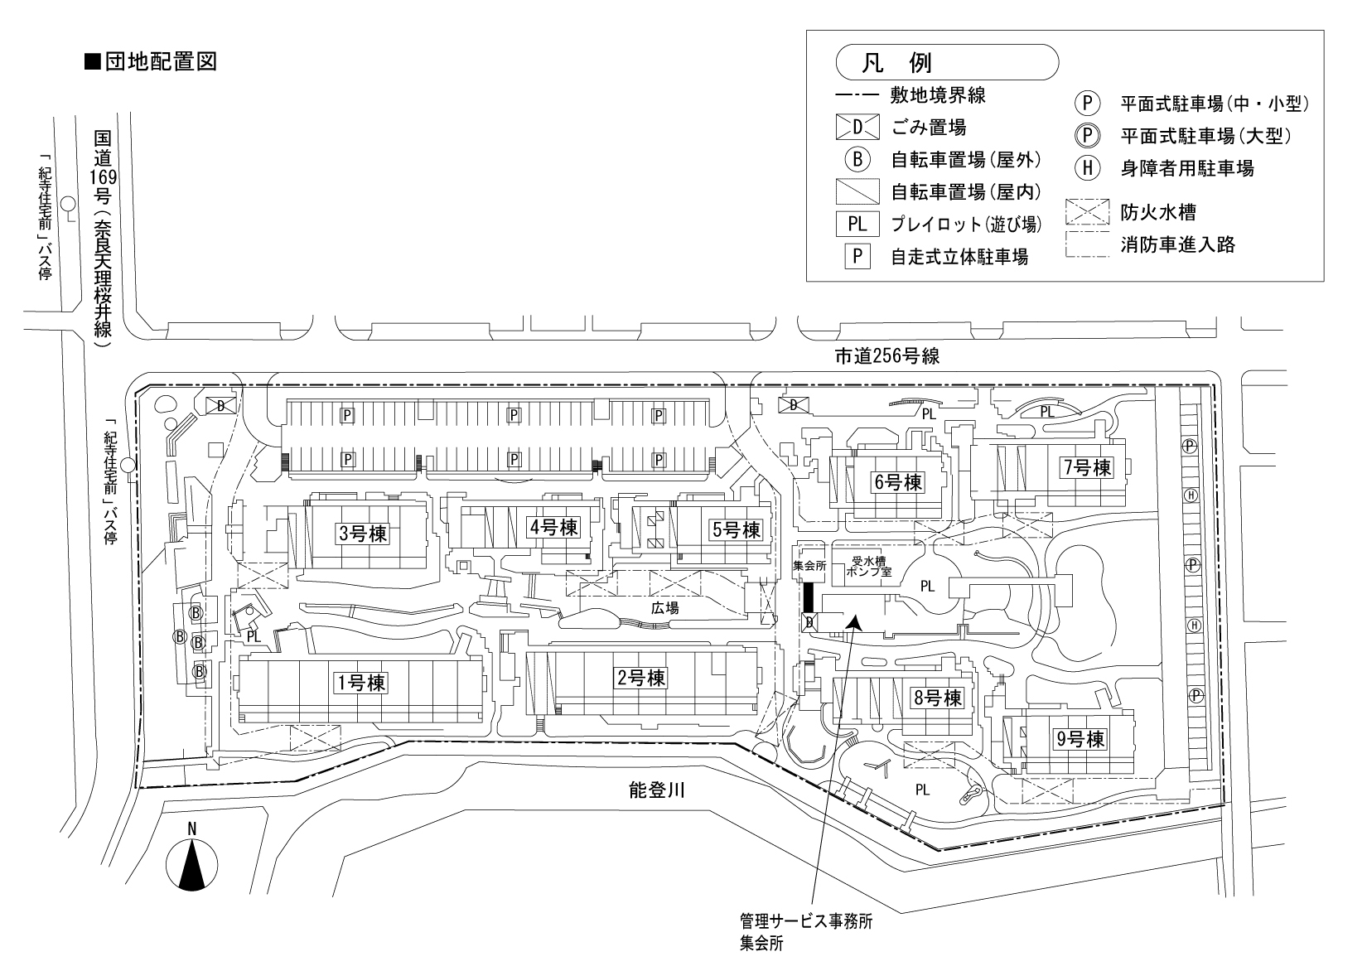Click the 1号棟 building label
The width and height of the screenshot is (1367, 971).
click(360, 683)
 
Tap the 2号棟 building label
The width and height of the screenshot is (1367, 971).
click(641, 678)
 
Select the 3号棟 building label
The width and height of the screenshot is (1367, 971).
click(362, 534)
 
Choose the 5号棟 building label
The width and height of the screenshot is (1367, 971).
click(736, 529)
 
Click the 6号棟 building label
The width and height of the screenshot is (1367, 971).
click(897, 482)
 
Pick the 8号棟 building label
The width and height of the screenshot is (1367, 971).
click(937, 698)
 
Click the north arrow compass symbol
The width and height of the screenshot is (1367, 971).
click(192, 863)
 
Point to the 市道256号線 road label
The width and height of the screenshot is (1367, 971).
click(886, 357)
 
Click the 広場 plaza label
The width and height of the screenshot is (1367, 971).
click(664, 608)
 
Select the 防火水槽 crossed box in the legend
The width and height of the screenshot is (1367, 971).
click(1086, 212)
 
